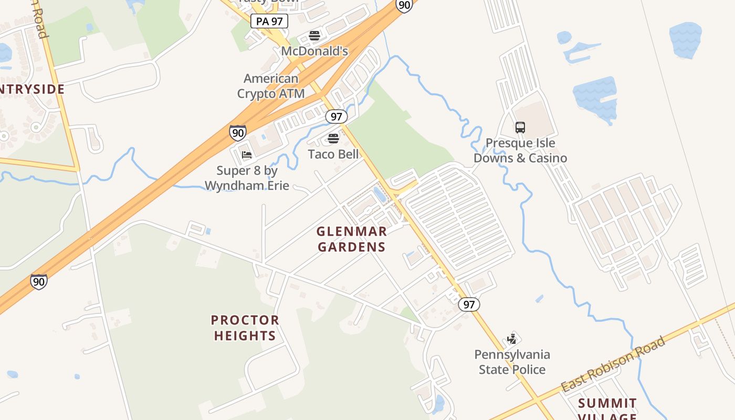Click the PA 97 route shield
coord(269,22)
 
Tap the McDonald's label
coord(314,51)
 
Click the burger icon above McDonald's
coord(314,36)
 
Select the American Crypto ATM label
coord(271,86)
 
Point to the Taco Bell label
coord(333,154)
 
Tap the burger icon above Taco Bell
coord(333,138)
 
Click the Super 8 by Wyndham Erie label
coord(247,178)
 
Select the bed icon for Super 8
coord(247,154)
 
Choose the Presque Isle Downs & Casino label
coord(520,150)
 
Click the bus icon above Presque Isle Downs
coord(520,127)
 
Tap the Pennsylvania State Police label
coord(512,362)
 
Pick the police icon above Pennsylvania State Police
coord(512,339)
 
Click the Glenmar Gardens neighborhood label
coord(352,239)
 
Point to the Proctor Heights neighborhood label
coord(245,328)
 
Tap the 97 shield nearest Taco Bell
coord(336,116)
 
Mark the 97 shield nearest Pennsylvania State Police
coord(469,304)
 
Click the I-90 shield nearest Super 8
coord(238,132)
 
